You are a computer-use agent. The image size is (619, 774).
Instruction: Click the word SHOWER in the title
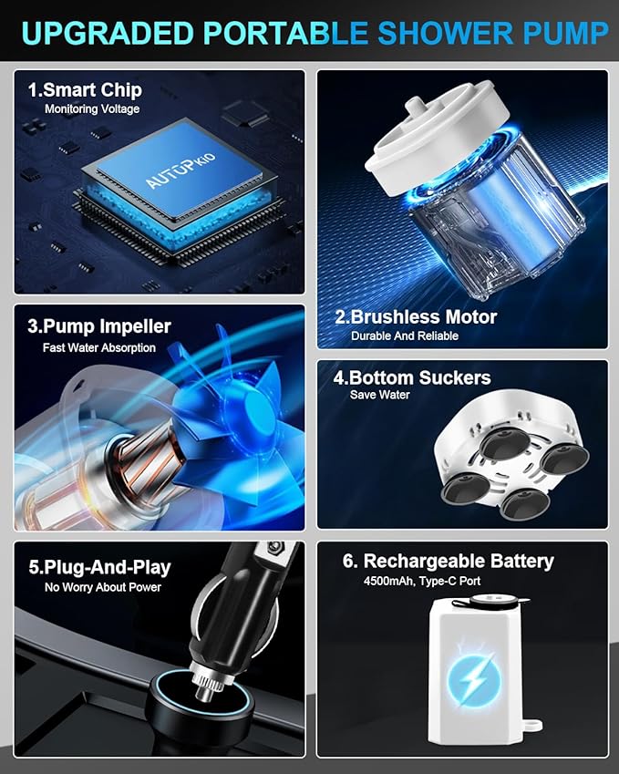pyautogui.click(x=445, y=34)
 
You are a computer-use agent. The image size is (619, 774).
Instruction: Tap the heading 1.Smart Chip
pyautogui.click(x=85, y=90)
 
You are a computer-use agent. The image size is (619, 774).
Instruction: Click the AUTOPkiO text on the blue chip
pyautogui.click(x=181, y=170)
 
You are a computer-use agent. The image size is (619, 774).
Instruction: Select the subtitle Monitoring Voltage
pyautogui.click(x=92, y=109)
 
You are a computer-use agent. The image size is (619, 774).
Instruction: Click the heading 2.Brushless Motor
pyautogui.click(x=416, y=317)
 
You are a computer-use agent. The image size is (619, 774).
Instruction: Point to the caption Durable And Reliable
pyautogui.click(x=405, y=336)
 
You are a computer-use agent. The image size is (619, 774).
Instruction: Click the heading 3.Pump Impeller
pyautogui.click(x=99, y=326)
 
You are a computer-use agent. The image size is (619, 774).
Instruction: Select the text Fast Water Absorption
pyautogui.click(x=99, y=348)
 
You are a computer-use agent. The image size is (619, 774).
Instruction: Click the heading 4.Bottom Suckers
pyautogui.click(x=412, y=378)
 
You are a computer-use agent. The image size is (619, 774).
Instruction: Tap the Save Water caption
pyautogui.click(x=379, y=395)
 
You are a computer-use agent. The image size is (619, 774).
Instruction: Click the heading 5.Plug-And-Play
pyautogui.click(x=99, y=567)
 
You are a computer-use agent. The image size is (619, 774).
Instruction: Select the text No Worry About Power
pyautogui.click(x=103, y=587)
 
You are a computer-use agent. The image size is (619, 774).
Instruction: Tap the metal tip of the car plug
pyautogui.click(x=202, y=691)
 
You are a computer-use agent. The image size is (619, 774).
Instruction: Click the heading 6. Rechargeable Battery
pyautogui.click(x=449, y=562)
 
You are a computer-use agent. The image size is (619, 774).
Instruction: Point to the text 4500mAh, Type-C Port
pyautogui.click(x=422, y=581)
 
